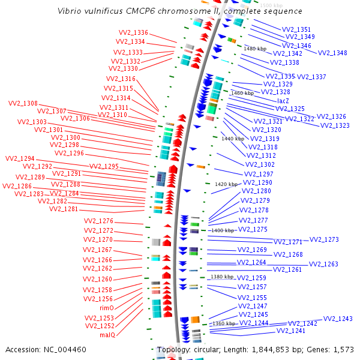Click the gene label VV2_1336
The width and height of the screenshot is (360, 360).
(x=133, y=32)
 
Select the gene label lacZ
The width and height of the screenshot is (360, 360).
(x=283, y=101)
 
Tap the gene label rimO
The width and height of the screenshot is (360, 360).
(x=106, y=308)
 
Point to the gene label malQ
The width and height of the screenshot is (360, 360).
(x=107, y=335)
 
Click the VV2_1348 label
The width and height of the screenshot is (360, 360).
(x=332, y=53)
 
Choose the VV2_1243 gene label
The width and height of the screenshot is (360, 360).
(x=338, y=319)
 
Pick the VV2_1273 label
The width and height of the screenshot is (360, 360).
(x=324, y=239)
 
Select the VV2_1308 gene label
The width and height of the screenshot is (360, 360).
(x=23, y=103)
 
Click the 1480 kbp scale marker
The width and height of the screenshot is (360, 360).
(x=254, y=49)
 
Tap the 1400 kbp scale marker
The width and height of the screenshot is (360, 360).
(x=222, y=230)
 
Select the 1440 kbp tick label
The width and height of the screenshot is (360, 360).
(x=233, y=139)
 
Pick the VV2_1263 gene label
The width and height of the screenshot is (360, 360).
(x=323, y=264)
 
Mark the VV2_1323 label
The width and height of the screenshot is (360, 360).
(x=335, y=125)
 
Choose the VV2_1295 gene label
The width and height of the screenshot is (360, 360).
(x=104, y=166)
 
